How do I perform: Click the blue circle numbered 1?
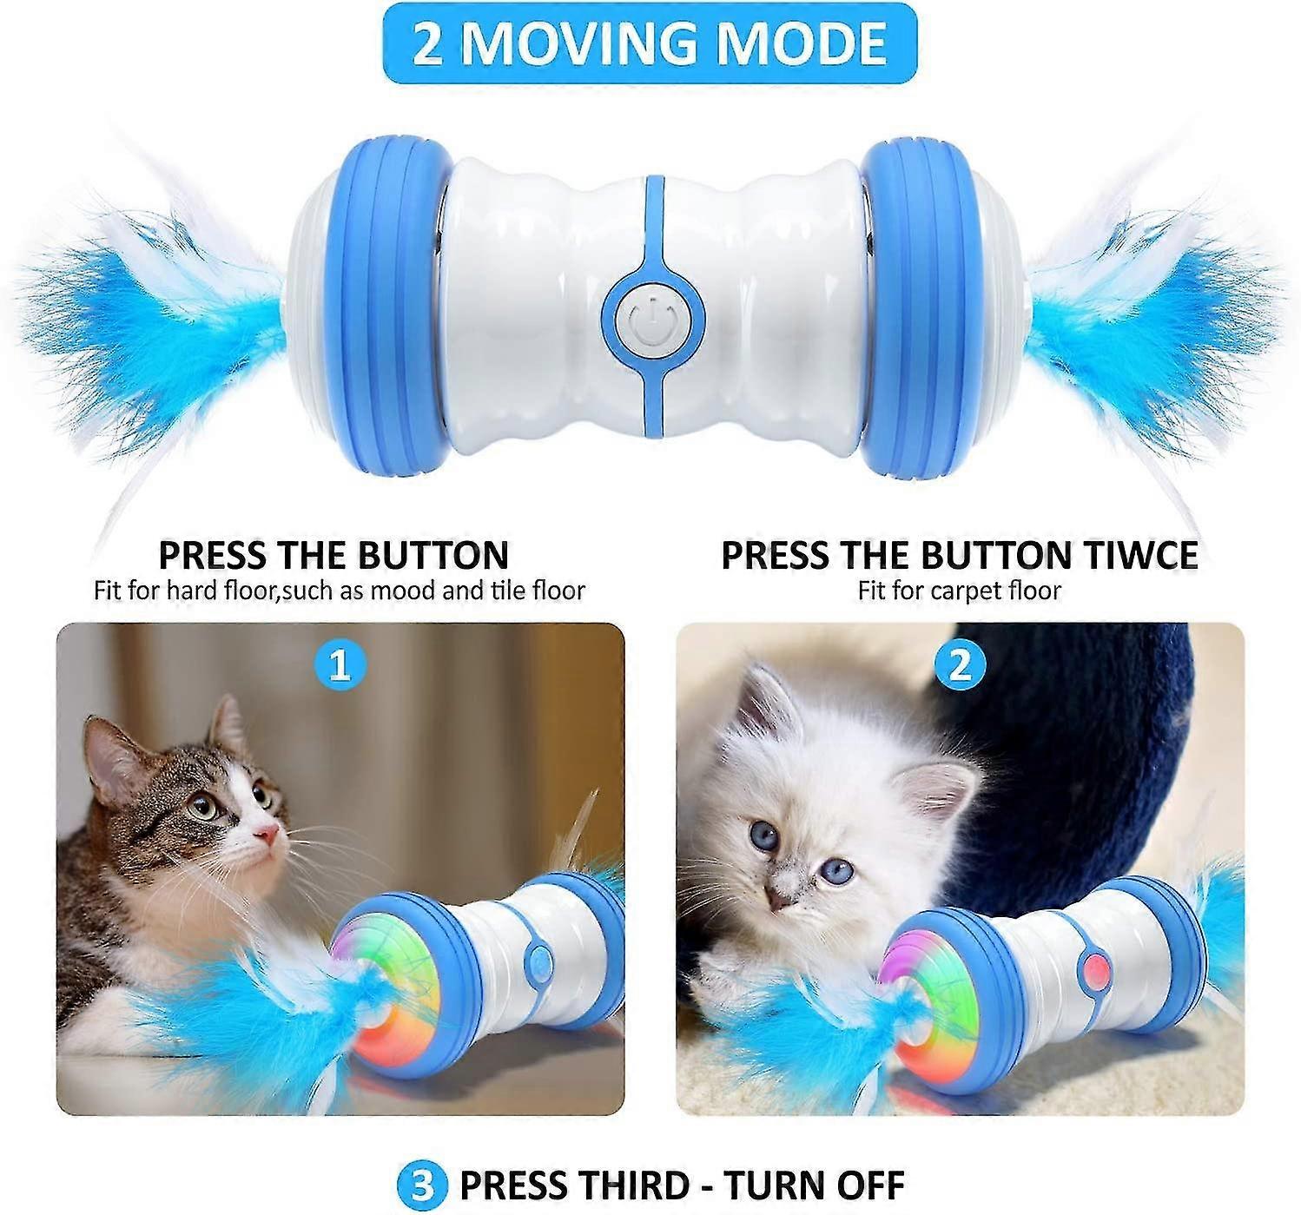[340, 666]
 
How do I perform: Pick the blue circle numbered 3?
[422, 1166]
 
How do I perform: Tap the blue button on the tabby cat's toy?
[538, 963]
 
